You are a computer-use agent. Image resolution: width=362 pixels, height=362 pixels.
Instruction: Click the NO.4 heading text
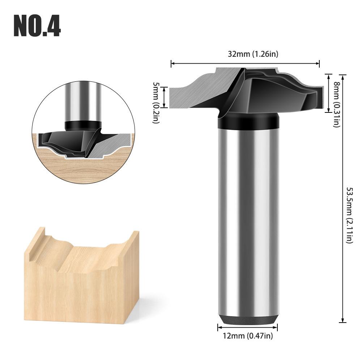point(37,26)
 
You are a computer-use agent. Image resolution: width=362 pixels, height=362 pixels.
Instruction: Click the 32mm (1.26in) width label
point(253,54)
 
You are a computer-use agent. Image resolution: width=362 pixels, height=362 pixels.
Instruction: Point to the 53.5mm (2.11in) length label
point(350,215)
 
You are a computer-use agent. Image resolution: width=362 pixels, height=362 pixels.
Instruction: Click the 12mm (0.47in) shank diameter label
point(247,336)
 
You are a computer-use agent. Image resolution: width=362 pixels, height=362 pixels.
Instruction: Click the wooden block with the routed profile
point(81,275)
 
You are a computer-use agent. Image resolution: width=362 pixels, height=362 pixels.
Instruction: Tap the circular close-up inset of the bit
point(83,132)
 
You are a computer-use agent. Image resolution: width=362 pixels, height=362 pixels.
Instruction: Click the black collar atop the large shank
point(248,121)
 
